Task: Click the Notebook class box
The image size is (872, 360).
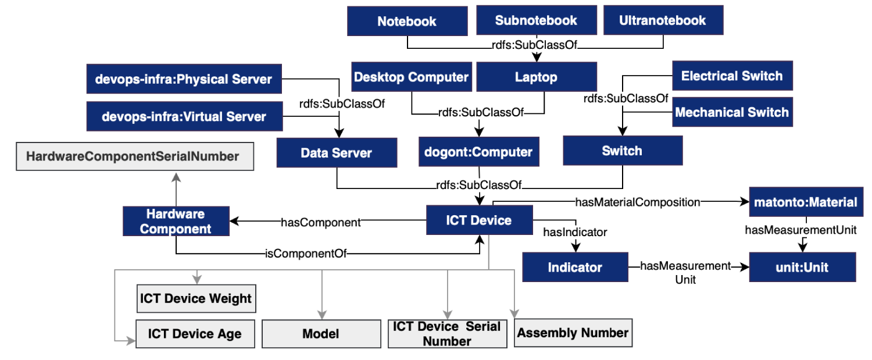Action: pyautogui.click(x=407, y=21)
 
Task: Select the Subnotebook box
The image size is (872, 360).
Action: pyautogui.click(x=537, y=20)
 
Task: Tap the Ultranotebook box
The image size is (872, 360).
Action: pyautogui.click(x=663, y=20)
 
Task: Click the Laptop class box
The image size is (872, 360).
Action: pyautogui.click(x=537, y=77)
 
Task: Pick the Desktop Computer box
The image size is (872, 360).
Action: pyautogui.click(x=412, y=77)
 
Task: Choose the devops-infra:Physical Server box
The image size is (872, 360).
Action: pyautogui.click(x=184, y=79)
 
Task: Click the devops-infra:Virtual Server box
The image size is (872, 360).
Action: pyautogui.click(x=184, y=116)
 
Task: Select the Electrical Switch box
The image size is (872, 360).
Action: pyautogui.click(x=732, y=76)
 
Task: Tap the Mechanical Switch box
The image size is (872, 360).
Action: pyautogui.click(x=732, y=112)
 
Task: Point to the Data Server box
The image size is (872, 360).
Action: pyautogui.click(x=337, y=152)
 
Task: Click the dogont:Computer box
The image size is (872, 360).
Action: pyautogui.click(x=479, y=152)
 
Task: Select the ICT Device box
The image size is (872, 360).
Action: pyautogui.click(x=479, y=220)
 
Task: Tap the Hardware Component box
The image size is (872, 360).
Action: pyautogui.click(x=176, y=221)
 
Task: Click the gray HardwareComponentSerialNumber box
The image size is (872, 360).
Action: pyautogui.click(x=135, y=156)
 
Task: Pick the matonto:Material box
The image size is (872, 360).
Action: pyautogui.click(x=806, y=202)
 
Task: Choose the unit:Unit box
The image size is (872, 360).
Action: pyautogui.click(x=802, y=267)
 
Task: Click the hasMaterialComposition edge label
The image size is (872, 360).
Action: pyautogui.click(x=638, y=202)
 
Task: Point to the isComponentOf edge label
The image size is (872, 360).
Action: pyautogui.click(x=306, y=254)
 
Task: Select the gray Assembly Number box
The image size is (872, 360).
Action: pyautogui.click(x=573, y=333)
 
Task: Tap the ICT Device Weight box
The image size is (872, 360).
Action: pyautogui.click(x=196, y=298)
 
